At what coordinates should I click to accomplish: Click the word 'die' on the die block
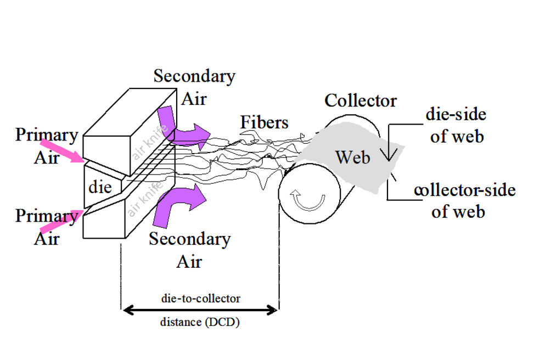pyautogui.click(x=100, y=188)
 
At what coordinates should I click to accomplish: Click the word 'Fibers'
pyautogui.click(x=264, y=121)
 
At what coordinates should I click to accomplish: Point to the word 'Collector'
pyautogui.click(x=361, y=101)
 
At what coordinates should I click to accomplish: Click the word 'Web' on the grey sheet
pyautogui.click(x=353, y=157)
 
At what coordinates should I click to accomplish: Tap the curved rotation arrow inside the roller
pyautogui.click(x=307, y=199)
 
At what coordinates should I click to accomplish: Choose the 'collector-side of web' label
pyautogui.click(x=464, y=200)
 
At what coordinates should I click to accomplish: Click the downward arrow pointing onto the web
pyautogui.click(x=388, y=144)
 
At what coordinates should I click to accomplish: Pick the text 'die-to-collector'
pyautogui.click(x=200, y=299)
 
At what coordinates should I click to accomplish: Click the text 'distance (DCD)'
pyautogui.click(x=200, y=322)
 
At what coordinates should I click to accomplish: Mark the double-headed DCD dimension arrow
pyautogui.click(x=200, y=311)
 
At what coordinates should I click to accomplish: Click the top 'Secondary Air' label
pyautogui.click(x=194, y=87)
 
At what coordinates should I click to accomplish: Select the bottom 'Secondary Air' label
pyautogui.click(x=190, y=250)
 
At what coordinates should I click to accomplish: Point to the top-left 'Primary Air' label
pyautogui.click(x=47, y=146)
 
